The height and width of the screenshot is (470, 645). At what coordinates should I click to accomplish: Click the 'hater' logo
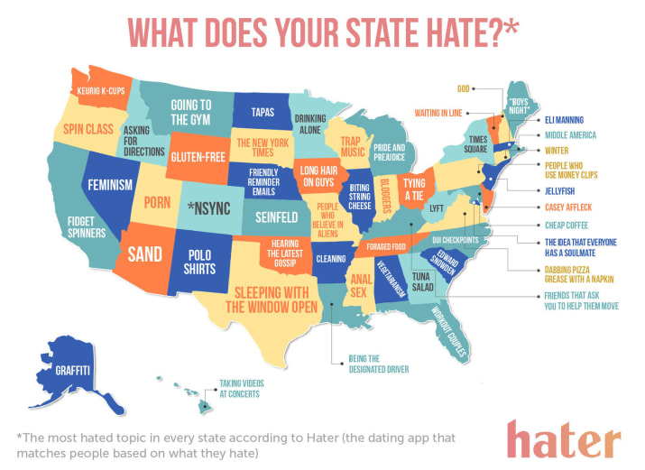[563, 439]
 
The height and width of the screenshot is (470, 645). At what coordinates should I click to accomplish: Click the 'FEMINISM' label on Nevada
[110, 184]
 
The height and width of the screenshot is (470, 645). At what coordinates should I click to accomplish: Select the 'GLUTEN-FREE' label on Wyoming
[197, 156]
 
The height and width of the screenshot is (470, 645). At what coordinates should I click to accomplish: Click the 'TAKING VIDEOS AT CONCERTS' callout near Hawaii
[239, 389]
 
